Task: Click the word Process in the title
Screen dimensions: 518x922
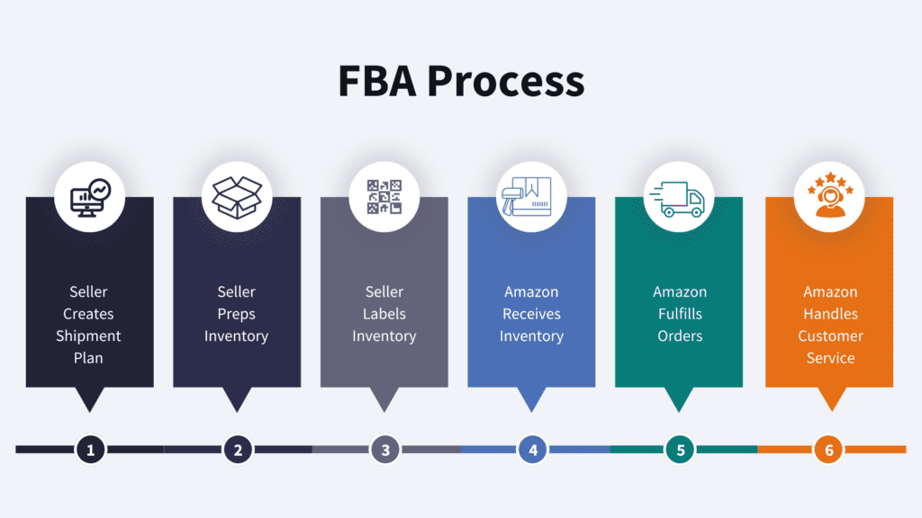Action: [505, 81]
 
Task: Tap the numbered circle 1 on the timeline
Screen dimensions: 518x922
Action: [90, 449]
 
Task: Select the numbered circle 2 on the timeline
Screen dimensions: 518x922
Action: [238, 449]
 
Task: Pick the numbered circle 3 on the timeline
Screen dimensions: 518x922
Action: [385, 449]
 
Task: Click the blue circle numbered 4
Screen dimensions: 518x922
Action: [533, 449]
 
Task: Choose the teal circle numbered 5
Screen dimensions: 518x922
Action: [681, 449]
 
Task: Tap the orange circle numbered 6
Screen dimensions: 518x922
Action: [829, 449]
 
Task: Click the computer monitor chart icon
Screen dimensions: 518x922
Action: [89, 196]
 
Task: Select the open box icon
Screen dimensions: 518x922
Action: [237, 196]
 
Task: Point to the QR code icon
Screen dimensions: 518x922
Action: [384, 196]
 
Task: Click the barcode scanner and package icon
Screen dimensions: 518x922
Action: [532, 196]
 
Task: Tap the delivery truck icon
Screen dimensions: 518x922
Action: [680, 196]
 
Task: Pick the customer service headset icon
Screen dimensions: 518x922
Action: [828, 196]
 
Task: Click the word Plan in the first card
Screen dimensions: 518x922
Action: [88, 358]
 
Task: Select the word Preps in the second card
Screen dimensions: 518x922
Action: [236, 314]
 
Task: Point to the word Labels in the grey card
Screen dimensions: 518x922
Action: [384, 314]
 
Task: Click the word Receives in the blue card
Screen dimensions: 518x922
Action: [531, 314]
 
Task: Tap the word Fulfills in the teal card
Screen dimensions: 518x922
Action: [680, 314]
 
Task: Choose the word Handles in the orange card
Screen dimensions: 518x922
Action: [830, 314]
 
